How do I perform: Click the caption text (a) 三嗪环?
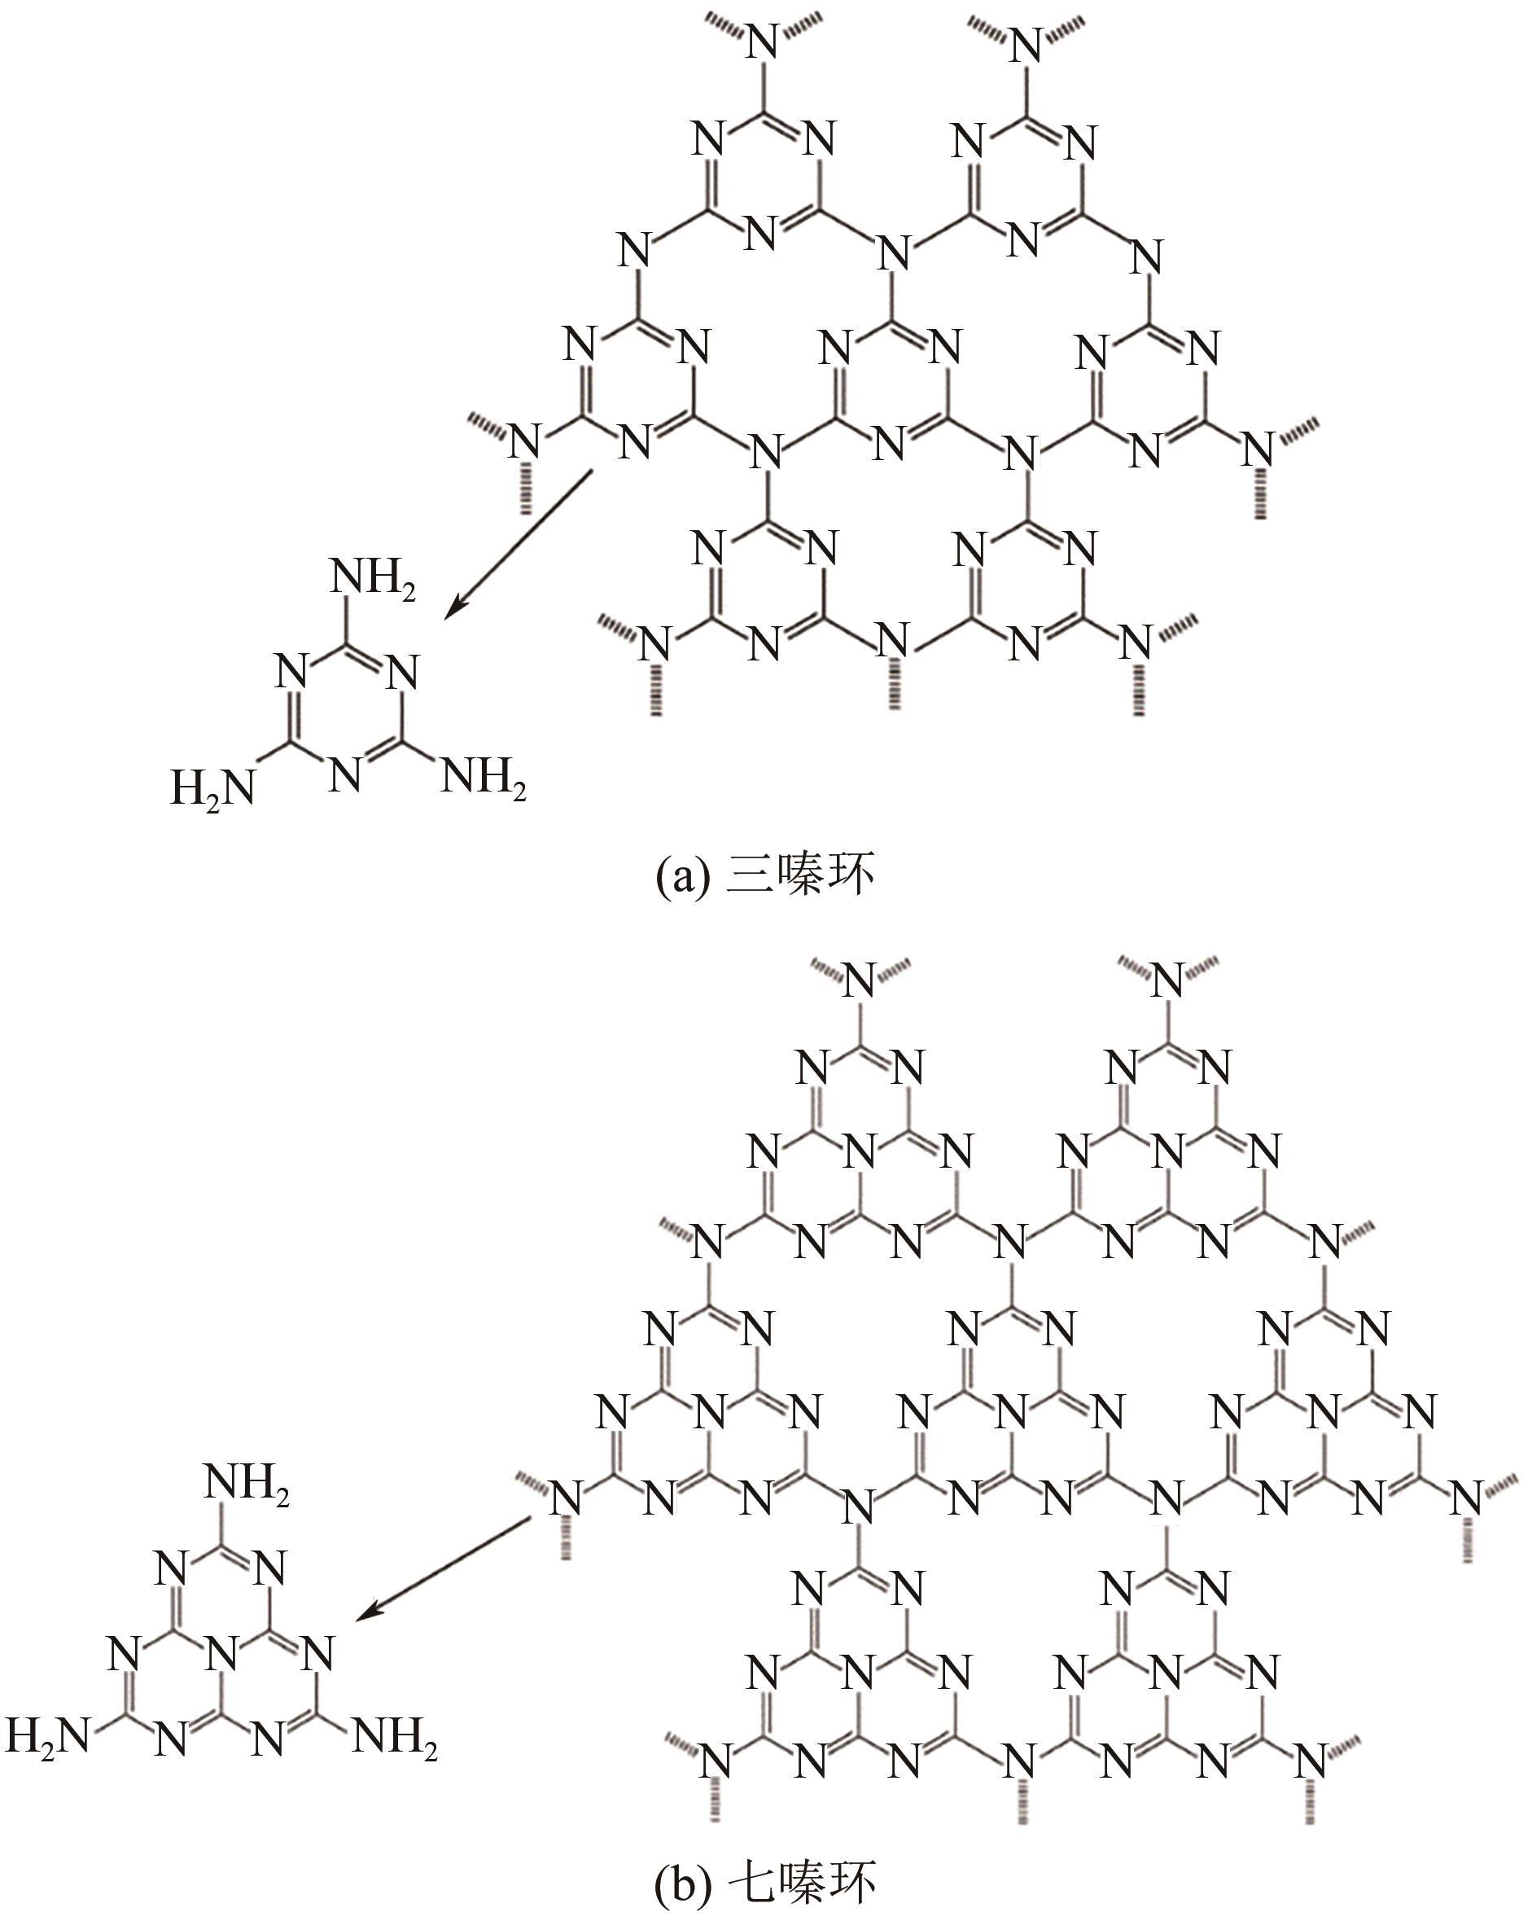tap(764, 877)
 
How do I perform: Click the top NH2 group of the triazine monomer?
tap(372, 579)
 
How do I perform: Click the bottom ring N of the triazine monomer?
tap(346, 775)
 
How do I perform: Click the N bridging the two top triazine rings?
tap(892, 252)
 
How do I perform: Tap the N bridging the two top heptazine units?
tap(1011, 1240)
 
